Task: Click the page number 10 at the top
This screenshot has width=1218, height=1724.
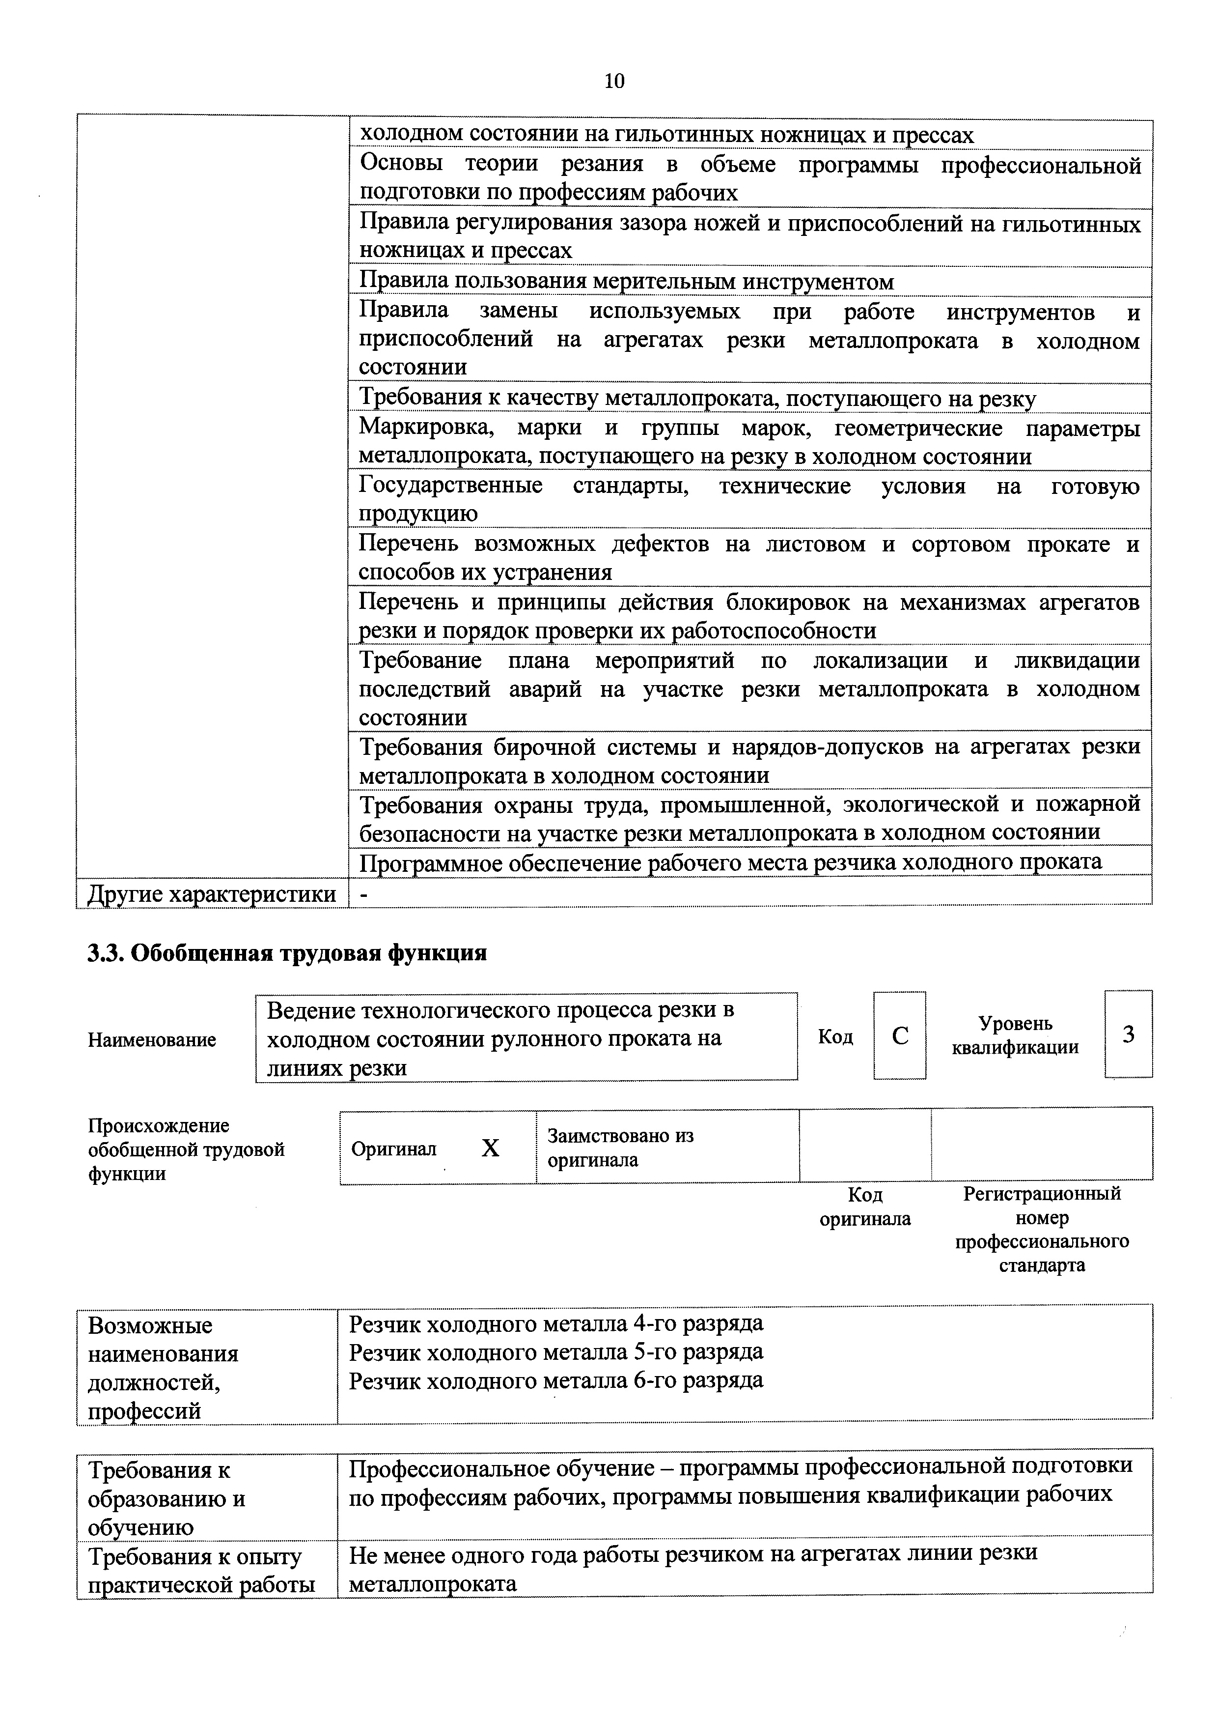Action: click(x=614, y=81)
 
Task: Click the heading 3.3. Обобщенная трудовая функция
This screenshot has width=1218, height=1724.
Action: click(x=287, y=953)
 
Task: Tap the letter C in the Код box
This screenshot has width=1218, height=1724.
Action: click(x=900, y=1036)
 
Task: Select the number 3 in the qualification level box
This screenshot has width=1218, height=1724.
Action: click(x=1128, y=1034)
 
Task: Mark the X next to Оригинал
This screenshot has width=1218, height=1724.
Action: click(x=490, y=1148)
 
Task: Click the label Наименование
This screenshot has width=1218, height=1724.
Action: click(x=152, y=1040)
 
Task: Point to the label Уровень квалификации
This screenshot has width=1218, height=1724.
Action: click(x=1015, y=1035)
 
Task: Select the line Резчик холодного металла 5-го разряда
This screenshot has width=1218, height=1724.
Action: click(x=556, y=1351)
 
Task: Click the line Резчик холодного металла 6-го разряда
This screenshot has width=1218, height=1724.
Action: click(x=556, y=1380)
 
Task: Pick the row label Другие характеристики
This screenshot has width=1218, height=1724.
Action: click(x=212, y=894)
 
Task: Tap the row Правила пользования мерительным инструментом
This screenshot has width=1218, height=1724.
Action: click(x=627, y=282)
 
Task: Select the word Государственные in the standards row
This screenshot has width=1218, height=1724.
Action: click(x=450, y=486)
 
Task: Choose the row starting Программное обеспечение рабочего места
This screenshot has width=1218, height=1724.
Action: click(x=730, y=862)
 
